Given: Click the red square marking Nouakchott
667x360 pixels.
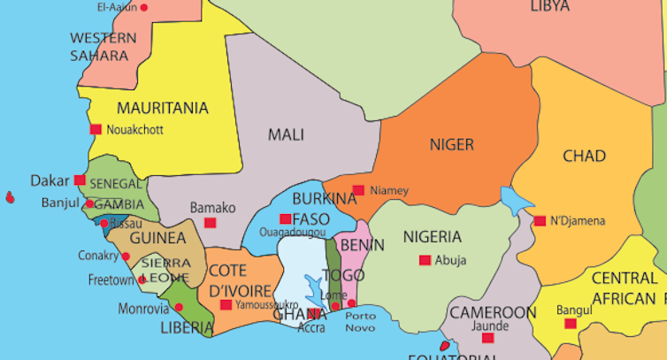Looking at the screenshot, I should pyautogui.click(x=96, y=129).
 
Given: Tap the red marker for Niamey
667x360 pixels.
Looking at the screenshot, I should pyautogui.click(x=358, y=190).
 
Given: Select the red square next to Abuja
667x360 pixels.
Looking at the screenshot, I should pyautogui.click(x=425, y=260).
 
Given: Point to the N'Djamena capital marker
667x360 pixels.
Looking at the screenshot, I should pyautogui.click(x=540, y=220).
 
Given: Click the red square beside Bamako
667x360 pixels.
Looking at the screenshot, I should pyautogui.click(x=210, y=223).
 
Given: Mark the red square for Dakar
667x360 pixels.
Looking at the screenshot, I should pyautogui.click(x=80, y=180).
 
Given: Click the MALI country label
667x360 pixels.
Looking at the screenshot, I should pyautogui.click(x=286, y=135).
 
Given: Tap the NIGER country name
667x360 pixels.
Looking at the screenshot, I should pyautogui.click(x=451, y=144).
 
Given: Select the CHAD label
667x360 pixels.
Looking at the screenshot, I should pyautogui.click(x=584, y=157).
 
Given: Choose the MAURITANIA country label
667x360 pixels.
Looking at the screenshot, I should pyautogui.click(x=163, y=108).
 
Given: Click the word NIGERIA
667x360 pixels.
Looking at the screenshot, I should pyautogui.click(x=433, y=237).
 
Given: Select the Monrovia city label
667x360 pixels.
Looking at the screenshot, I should pyautogui.click(x=142, y=309).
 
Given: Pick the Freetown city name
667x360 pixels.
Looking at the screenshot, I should pyautogui.click(x=111, y=280).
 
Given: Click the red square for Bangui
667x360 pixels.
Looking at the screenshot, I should pyautogui.click(x=571, y=324).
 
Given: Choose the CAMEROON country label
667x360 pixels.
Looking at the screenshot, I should pyautogui.click(x=493, y=313).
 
